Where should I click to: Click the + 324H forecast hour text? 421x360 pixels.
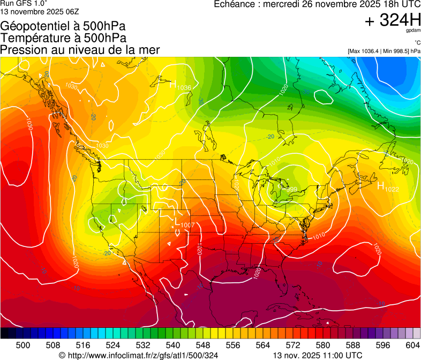(x=393, y=20)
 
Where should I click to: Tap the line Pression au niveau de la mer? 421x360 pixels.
(x=80, y=50)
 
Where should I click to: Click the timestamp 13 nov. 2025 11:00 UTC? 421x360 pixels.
(x=318, y=355)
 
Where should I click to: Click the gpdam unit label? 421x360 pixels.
(x=413, y=31)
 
